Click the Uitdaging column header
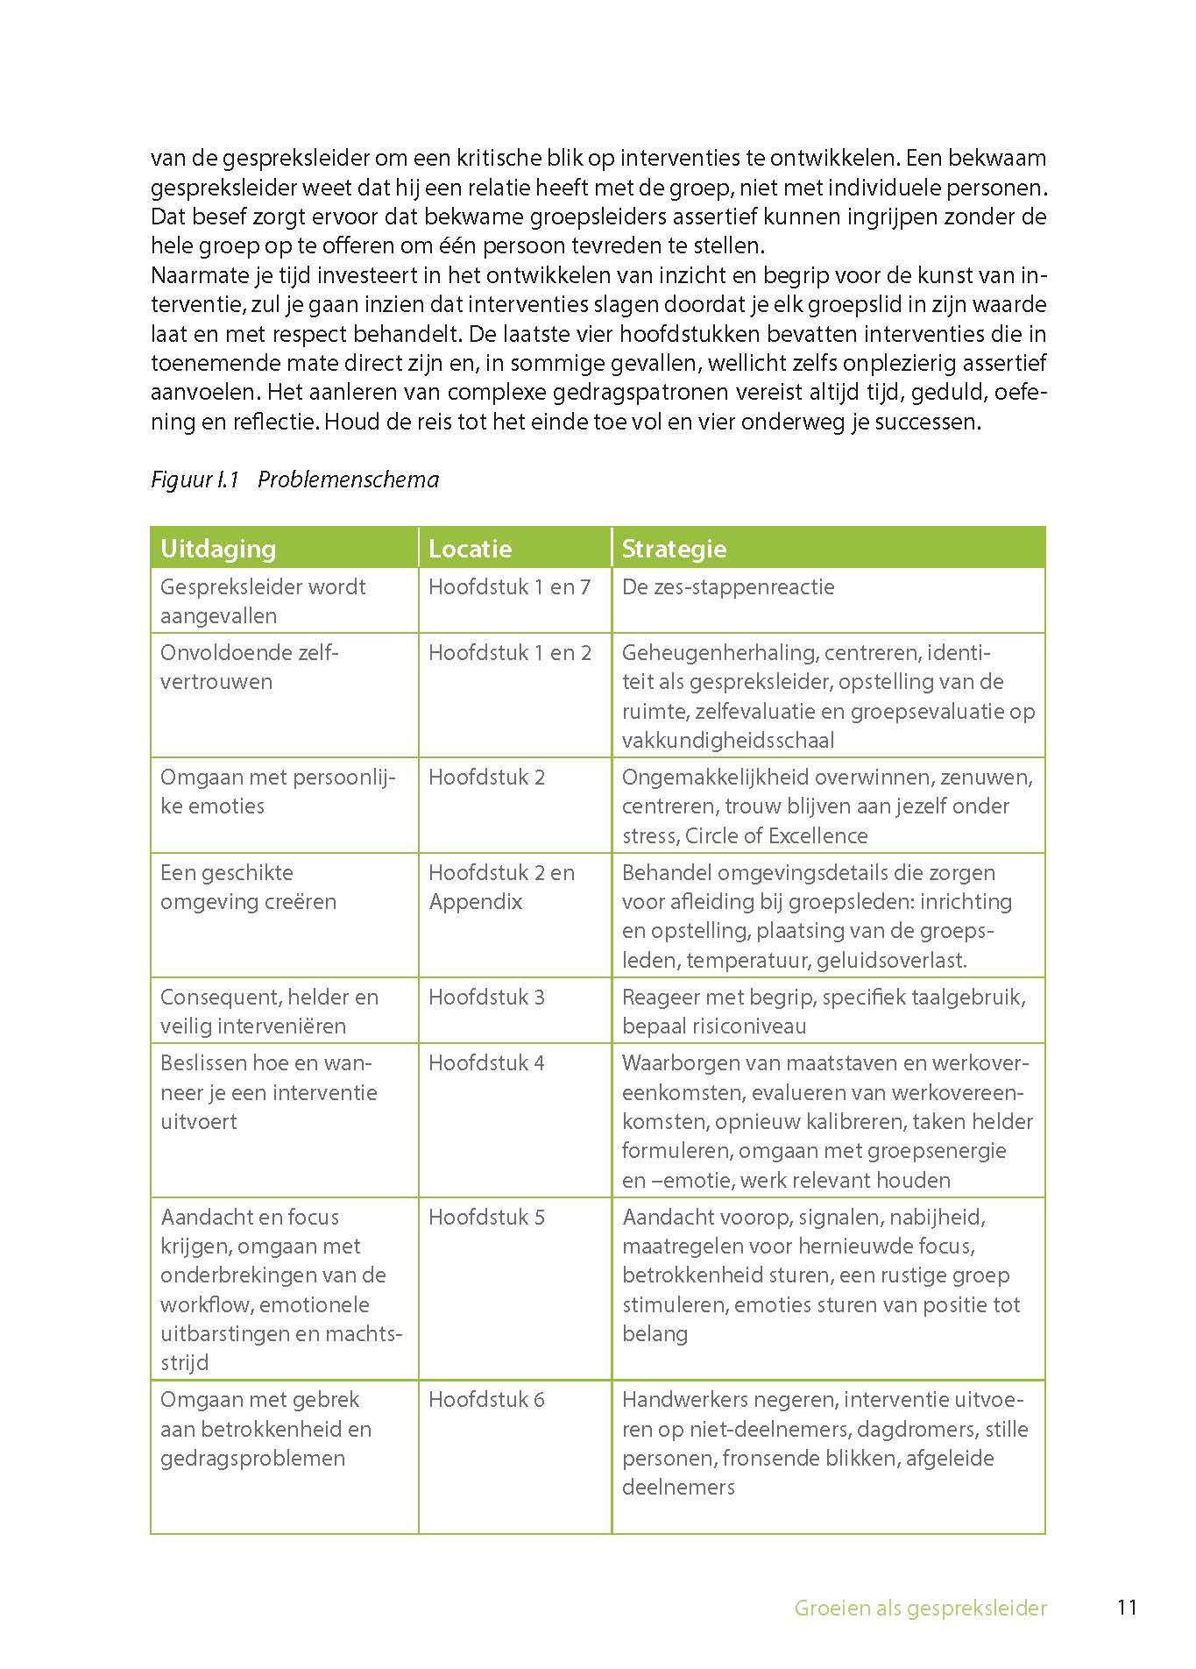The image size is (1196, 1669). [x=218, y=549]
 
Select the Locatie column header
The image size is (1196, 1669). [x=470, y=549]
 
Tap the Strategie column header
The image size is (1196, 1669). [x=674, y=549]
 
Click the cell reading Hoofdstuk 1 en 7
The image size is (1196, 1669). [x=509, y=587]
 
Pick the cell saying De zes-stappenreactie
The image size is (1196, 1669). [x=728, y=587]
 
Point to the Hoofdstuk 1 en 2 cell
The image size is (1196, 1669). [x=509, y=653]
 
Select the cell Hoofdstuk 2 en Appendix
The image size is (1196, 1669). [x=501, y=887]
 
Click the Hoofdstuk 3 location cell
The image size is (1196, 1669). [x=486, y=998]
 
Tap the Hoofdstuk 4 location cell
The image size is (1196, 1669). [x=486, y=1063]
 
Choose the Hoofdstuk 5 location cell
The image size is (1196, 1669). [x=486, y=1218]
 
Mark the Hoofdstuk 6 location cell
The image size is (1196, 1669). [x=486, y=1400]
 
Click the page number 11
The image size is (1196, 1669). [x=1127, y=1608]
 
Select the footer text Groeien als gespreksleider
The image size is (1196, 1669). [x=920, y=1609]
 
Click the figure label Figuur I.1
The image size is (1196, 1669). [x=195, y=479]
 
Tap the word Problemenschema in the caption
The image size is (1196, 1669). [x=348, y=479]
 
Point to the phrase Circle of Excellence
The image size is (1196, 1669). [x=776, y=835]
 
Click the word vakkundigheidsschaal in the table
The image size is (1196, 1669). [x=728, y=741]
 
